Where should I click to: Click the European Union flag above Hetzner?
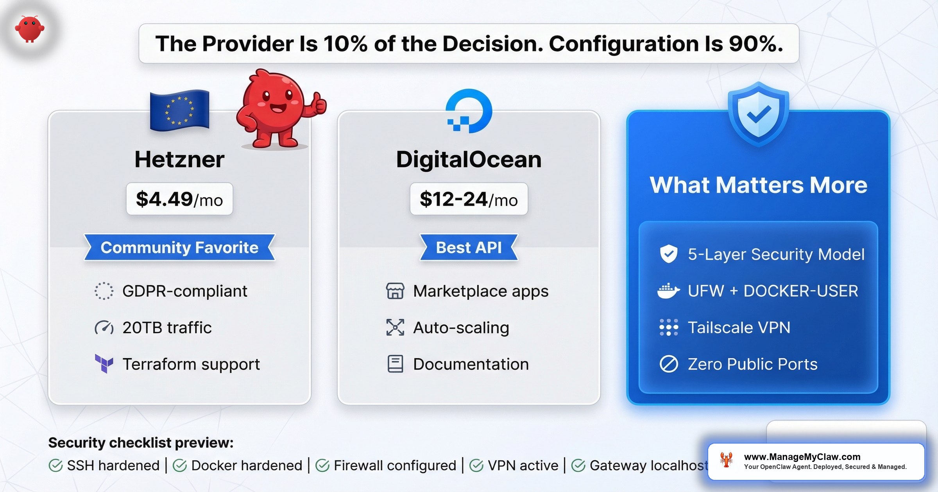(x=180, y=111)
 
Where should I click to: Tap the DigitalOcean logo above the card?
(x=469, y=111)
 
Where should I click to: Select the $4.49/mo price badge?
(x=179, y=199)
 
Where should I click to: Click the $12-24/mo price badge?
(x=469, y=199)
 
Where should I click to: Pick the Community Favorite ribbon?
(x=179, y=248)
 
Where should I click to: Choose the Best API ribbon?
(x=469, y=248)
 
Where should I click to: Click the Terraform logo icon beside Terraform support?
(x=104, y=364)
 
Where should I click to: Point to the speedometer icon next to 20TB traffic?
(x=104, y=328)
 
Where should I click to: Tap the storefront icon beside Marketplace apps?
(x=395, y=291)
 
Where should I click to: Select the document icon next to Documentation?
(x=395, y=364)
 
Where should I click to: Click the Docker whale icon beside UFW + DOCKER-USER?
(x=668, y=291)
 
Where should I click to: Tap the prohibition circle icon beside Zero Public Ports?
(x=669, y=364)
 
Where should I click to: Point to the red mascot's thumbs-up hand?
(x=319, y=103)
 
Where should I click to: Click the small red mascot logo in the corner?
(x=30, y=29)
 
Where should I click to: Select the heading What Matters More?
(x=758, y=185)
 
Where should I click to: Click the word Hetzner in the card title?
(x=179, y=159)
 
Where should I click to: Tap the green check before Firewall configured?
(x=322, y=465)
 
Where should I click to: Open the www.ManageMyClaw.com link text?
(x=802, y=456)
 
